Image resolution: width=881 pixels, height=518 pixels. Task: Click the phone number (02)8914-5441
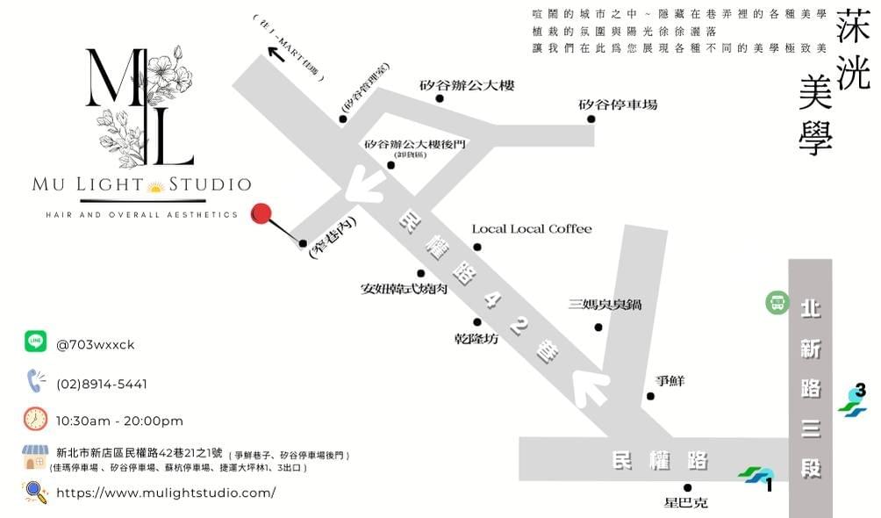(102, 384)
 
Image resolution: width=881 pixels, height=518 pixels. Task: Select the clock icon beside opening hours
(35, 419)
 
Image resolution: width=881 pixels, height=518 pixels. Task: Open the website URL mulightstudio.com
(166, 493)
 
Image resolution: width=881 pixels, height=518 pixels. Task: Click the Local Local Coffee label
(532, 229)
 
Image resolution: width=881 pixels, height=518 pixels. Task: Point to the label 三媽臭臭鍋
(605, 305)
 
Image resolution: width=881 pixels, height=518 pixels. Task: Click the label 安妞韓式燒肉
(404, 288)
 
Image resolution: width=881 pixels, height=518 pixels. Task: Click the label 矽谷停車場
(618, 104)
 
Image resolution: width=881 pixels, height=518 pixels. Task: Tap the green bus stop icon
(776, 303)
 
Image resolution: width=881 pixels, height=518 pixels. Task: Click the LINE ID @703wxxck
(96, 344)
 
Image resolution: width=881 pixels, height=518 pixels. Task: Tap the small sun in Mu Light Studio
(156, 185)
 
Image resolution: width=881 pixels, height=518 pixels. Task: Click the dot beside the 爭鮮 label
(650, 396)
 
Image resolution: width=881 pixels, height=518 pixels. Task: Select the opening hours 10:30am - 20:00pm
(119, 421)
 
